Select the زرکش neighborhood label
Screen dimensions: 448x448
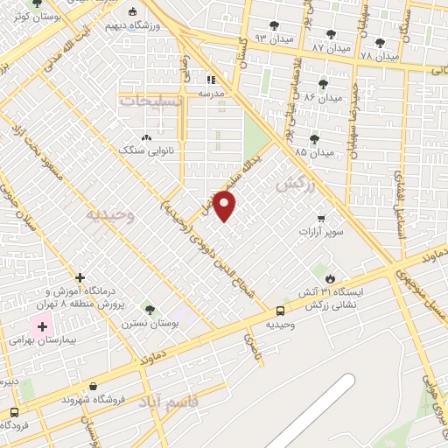pos(294,185)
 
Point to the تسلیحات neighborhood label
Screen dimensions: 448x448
pos(154,101)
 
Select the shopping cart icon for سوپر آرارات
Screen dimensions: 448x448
pos(322,219)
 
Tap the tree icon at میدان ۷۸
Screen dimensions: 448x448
pos(379,43)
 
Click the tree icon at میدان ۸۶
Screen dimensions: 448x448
pos(323,85)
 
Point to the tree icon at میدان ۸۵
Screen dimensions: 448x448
pos(314,139)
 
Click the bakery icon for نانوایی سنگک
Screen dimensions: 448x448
pos(146,137)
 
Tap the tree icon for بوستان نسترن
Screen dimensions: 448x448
pos(150,310)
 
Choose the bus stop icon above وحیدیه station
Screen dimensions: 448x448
pos(280,311)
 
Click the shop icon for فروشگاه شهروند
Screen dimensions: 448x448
pos(94,386)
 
